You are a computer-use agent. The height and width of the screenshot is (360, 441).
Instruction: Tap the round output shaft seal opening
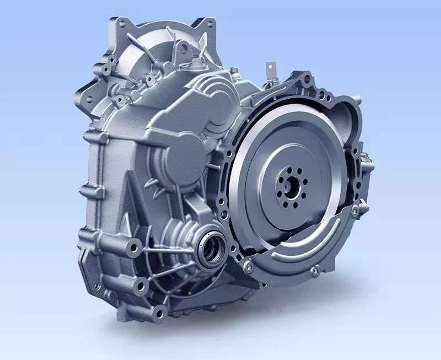click(x=211, y=249)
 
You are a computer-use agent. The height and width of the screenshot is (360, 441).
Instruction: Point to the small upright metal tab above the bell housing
click(x=270, y=71)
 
